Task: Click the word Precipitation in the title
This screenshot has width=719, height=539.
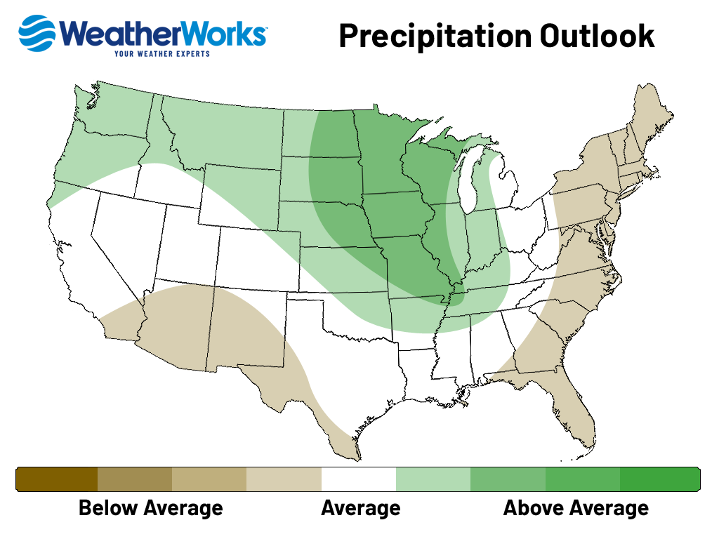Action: tap(435, 36)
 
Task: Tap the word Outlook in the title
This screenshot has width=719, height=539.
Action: tap(597, 36)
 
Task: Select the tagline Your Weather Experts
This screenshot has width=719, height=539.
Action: tap(161, 53)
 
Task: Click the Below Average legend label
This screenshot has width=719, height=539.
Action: tap(150, 507)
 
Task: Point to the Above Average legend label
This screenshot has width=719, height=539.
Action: tap(576, 507)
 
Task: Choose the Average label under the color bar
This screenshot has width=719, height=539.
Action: tap(360, 507)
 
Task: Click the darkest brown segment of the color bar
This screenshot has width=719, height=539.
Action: tap(57, 479)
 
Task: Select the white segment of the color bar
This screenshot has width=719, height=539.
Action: tap(358, 479)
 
